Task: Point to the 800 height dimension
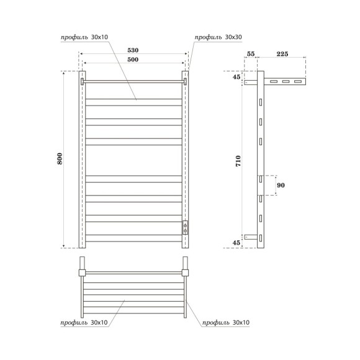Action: coord(60,159)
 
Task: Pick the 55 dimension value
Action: coord(251,55)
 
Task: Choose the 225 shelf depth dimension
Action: coord(281,55)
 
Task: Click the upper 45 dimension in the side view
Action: coord(236,77)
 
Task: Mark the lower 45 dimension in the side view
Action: coord(236,242)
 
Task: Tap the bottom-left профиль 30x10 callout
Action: coord(85,323)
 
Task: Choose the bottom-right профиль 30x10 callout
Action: coord(225,323)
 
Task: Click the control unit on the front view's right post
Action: coord(184,227)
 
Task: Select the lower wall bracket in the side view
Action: coord(251,236)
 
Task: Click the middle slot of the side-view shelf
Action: coord(286,81)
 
